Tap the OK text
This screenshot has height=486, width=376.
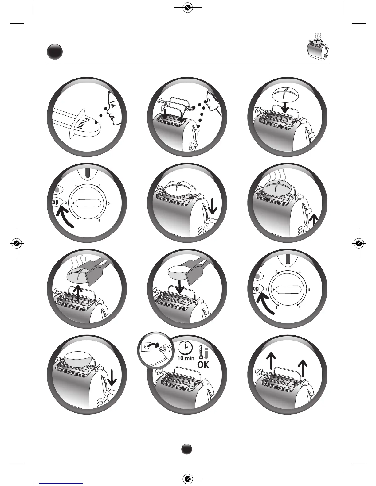point(203,364)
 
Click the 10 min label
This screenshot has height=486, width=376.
point(185,358)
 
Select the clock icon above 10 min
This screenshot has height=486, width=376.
point(185,348)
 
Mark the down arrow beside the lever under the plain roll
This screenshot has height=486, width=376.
point(112,376)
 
